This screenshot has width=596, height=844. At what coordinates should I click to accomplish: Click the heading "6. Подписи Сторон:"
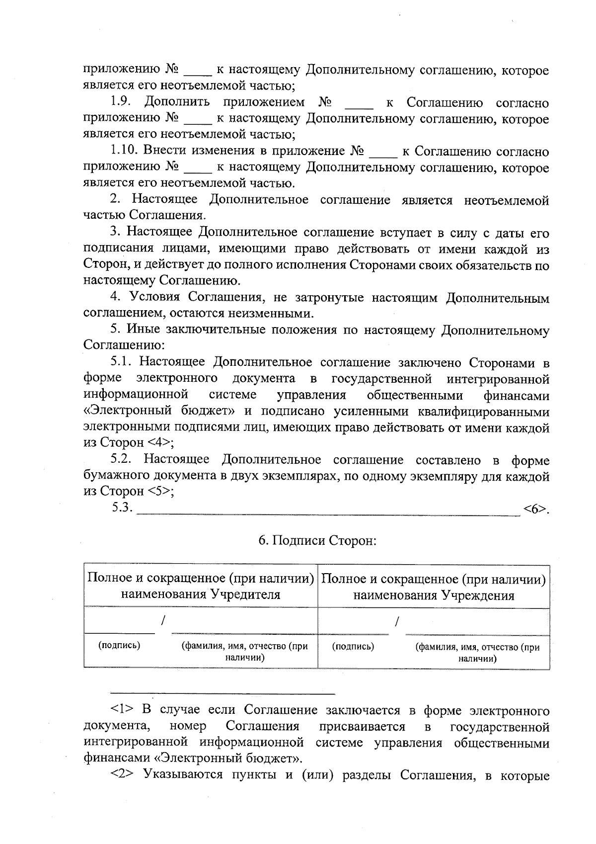[317, 540]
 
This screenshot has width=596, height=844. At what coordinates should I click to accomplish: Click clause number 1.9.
[121, 102]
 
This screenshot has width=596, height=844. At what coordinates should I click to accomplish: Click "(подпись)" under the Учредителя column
[119, 646]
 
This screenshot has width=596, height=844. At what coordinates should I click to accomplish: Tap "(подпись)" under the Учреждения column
[353, 646]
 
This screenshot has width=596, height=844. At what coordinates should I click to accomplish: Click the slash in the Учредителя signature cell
[163, 620]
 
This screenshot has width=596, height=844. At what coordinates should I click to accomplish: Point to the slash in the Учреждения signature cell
[397, 621]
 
